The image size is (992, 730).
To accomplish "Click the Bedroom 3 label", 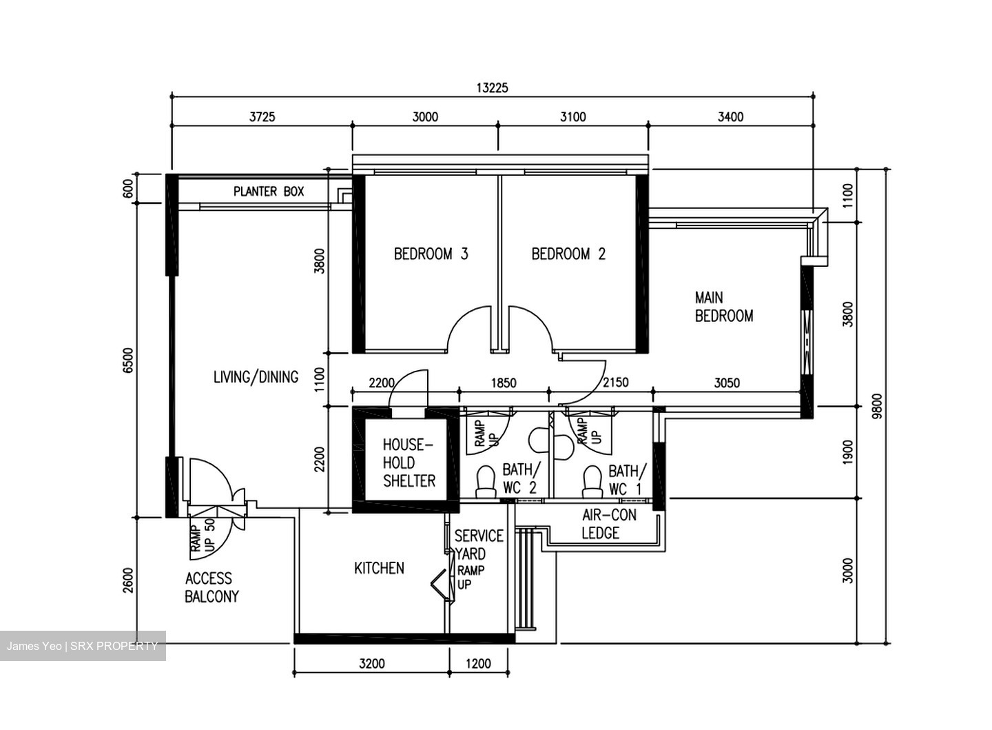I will click(x=431, y=254).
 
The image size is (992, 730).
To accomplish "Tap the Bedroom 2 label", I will click(x=568, y=254).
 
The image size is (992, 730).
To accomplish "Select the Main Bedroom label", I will click(x=723, y=307).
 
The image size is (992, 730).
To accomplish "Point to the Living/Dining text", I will click(x=256, y=376).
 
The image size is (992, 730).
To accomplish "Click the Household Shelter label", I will click(x=409, y=463).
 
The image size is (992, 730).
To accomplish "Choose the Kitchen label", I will click(x=379, y=568).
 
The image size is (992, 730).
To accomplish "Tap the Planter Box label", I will click(x=268, y=191).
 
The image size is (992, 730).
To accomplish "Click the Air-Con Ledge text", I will click(x=609, y=524).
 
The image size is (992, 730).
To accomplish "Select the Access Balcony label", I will click(x=211, y=587).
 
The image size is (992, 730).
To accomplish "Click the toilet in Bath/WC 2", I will click(x=486, y=481).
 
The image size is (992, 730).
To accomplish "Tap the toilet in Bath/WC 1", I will click(x=592, y=481).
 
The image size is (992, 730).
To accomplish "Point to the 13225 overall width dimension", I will click(x=492, y=88).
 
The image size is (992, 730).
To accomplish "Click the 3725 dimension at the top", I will click(x=262, y=116).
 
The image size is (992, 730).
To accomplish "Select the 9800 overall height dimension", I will click(x=876, y=407).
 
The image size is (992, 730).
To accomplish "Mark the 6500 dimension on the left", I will click(x=127, y=361).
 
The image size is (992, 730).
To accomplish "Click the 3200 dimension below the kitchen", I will click(x=371, y=663).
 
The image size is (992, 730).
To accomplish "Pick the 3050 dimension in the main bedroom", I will click(x=727, y=383).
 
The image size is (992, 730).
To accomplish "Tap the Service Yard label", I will click(x=479, y=545).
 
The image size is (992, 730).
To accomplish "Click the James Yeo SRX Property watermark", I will click(x=83, y=646).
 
